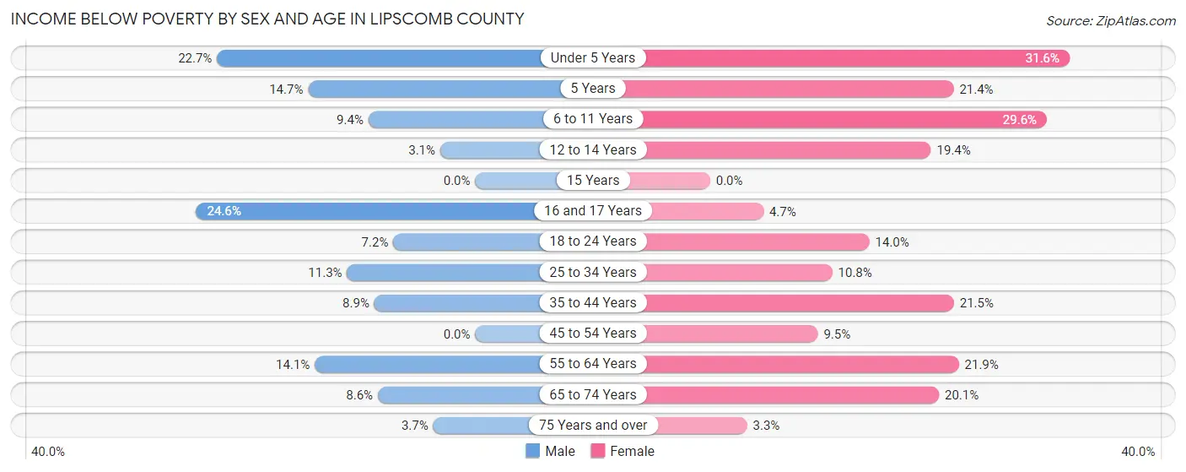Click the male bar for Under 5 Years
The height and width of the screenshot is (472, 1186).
[x=380, y=58]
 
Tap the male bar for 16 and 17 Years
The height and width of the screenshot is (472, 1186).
[x=367, y=211]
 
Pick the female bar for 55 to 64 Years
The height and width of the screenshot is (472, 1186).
[x=801, y=364]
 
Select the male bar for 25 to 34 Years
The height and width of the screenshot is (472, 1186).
[x=443, y=273]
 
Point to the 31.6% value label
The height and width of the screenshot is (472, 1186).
[x=1043, y=58]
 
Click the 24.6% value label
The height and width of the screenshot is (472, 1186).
[x=224, y=211]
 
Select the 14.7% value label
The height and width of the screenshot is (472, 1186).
[x=287, y=89]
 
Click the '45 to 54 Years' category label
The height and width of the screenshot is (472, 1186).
[x=593, y=334]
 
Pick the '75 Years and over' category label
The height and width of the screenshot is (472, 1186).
[x=593, y=426]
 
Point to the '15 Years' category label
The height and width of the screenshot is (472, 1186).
[x=593, y=181]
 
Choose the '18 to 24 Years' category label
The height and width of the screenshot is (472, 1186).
[x=593, y=241]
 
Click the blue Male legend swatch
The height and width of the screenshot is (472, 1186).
[x=532, y=451]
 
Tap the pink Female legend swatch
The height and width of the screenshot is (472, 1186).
[x=598, y=451]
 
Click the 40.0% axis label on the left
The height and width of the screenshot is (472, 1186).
[x=49, y=452]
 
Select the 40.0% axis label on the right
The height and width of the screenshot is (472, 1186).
[x=1137, y=452]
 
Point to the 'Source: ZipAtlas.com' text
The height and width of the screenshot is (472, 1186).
[x=1110, y=20]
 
